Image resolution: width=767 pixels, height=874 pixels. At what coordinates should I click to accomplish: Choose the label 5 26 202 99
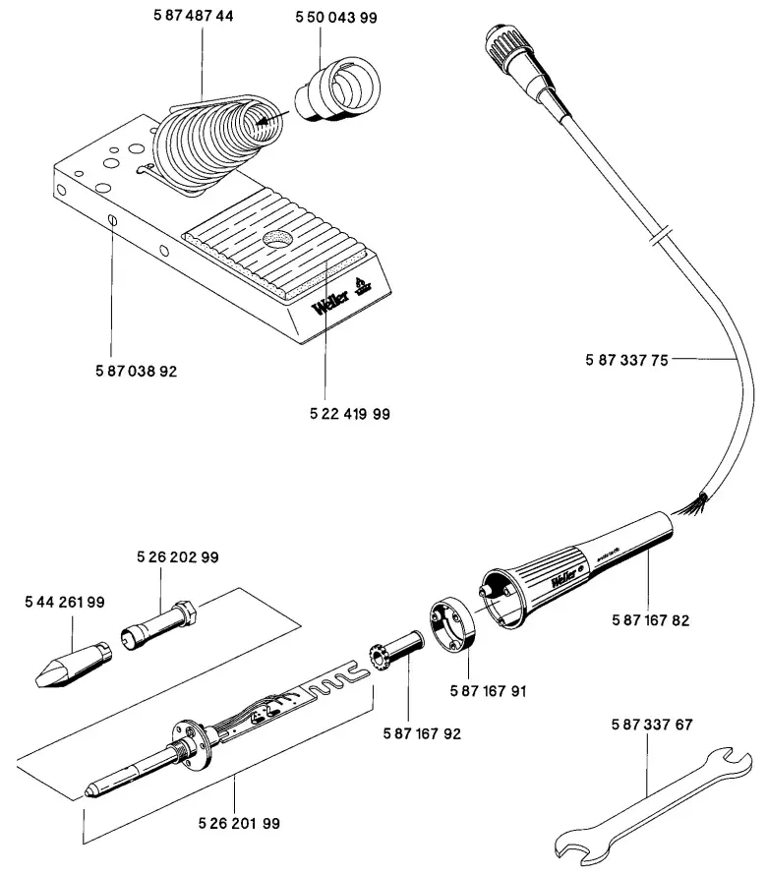[178, 556]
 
